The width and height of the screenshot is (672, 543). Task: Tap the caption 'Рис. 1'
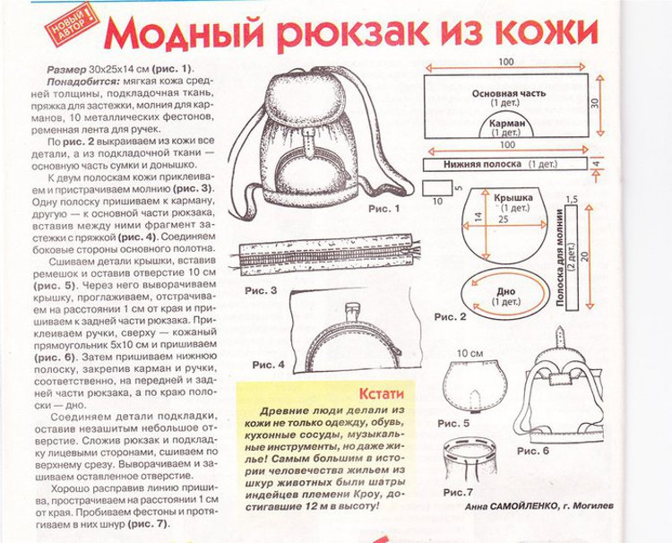coord(384,209)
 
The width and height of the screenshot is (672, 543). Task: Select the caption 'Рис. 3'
coord(261,290)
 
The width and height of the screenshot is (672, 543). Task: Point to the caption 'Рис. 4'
coord(268,366)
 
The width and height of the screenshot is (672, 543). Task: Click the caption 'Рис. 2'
coord(450,317)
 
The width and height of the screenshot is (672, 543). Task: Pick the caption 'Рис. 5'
coord(453,424)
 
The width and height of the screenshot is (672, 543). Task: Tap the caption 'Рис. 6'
coord(533,451)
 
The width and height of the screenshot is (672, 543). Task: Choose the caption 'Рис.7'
coord(458,493)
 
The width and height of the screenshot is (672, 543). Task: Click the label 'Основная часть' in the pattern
coord(509,93)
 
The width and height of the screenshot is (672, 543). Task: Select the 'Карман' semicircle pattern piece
coord(507,125)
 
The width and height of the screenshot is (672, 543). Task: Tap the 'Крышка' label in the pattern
coord(513,198)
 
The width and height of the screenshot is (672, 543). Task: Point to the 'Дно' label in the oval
coord(505,292)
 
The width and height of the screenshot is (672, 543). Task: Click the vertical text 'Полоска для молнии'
coord(559,257)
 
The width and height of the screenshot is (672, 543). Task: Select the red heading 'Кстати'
coord(381,393)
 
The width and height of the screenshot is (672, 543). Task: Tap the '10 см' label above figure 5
coord(470,354)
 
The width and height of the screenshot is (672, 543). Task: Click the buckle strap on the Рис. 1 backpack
coord(309,143)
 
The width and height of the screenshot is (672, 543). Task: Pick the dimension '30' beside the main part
coord(595,103)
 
